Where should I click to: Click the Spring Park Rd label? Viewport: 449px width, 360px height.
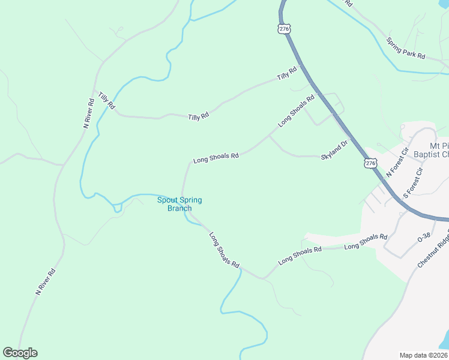(x=406, y=49)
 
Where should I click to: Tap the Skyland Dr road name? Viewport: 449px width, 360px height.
(x=335, y=150)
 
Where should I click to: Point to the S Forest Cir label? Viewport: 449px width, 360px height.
(x=413, y=183)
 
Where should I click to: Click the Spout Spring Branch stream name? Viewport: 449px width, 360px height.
(x=179, y=204)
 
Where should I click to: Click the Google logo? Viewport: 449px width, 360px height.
(x=20, y=353)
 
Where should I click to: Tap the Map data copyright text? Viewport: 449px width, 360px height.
(x=424, y=355)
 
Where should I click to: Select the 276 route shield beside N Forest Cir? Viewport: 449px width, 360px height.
(x=370, y=163)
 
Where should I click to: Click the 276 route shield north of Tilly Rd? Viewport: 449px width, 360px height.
(x=284, y=29)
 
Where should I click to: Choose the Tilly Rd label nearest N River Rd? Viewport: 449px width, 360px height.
(x=106, y=101)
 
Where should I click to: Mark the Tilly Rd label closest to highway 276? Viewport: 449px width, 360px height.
(x=287, y=74)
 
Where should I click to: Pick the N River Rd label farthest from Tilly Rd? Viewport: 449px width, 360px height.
(x=46, y=281)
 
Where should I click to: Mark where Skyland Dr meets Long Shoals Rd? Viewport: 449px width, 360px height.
(x=270, y=137)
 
